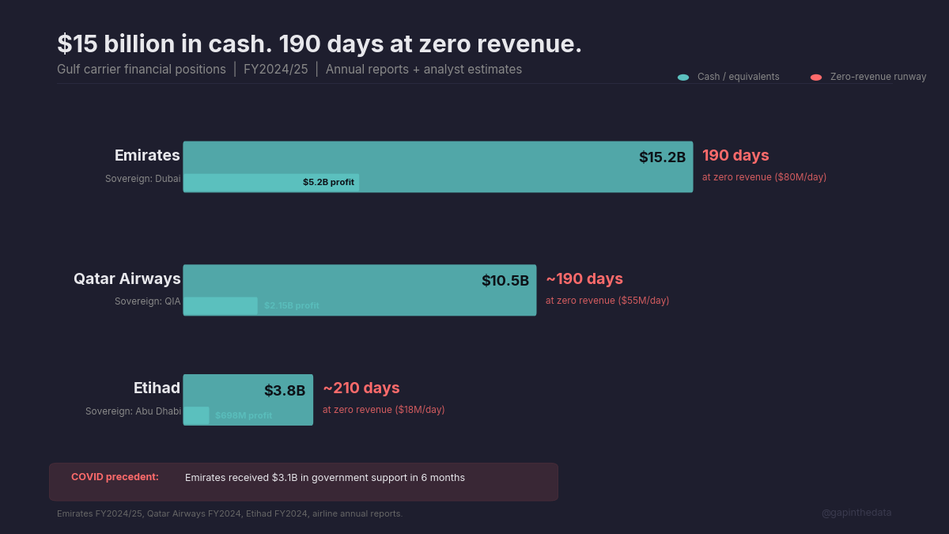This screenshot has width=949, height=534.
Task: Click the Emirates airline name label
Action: (x=147, y=155)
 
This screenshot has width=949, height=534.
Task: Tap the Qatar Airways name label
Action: (x=127, y=278)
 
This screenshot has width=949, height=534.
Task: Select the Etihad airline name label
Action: (x=157, y=388)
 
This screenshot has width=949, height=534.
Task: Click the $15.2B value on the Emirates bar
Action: (x=662, y=157)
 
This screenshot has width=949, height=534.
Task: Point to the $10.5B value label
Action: (x=505, y=281)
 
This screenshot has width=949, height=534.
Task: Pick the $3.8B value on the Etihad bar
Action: (x=285, y=390)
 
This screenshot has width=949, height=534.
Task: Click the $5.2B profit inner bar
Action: (x=271, y=182)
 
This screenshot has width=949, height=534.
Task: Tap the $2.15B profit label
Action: (x=291, y=305)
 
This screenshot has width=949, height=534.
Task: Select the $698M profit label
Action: (x=244, y=415)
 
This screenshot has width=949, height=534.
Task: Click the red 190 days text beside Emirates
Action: (x=735, y=155)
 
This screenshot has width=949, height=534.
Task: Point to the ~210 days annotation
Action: (x=361, y=388)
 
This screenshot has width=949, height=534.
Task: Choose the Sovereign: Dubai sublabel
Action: (x=143, y=179)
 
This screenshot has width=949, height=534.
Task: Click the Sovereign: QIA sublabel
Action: (x=148, y=301)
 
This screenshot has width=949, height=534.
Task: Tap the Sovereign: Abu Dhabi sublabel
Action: (x=133, y=411)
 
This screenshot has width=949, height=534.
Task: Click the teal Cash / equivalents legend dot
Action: (x=683, y=77)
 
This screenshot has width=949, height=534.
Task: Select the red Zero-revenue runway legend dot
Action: (x=816, y=77)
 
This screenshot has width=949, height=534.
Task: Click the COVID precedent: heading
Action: (x=115, y=477)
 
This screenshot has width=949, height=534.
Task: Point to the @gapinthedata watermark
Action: (x=856, y=513)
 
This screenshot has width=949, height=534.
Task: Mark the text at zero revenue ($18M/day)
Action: (x=384, y=410)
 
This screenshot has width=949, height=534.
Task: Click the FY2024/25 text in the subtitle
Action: (x=275, y=70)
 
